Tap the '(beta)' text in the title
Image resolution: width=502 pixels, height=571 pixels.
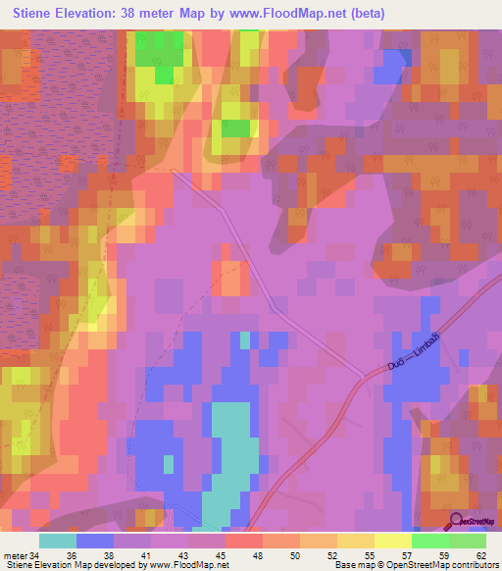(x=367, y=14)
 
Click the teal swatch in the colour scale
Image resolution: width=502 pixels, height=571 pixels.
(x=58, y=541)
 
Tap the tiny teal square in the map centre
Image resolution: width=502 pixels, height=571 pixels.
(x=244, y=340)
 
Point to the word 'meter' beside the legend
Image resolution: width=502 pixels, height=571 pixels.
(x=15, y=554)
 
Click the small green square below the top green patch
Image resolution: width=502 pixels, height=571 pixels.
(x=235, y=128)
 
